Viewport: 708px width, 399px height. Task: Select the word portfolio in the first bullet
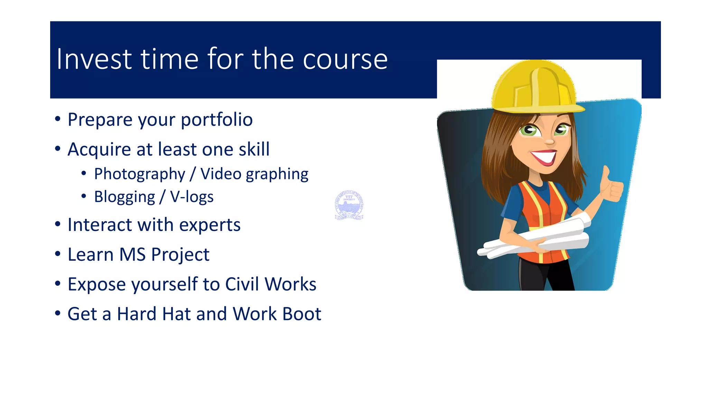(x=217, y=120)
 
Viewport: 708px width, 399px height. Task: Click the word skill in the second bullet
(x=254, y=150)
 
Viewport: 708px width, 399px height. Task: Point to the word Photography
(x=140, y=174)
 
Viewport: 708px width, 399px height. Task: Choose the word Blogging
(x=124, y=197)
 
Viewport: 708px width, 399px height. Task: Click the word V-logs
(x=192, y=197)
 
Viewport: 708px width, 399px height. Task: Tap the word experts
(x=210, y=225)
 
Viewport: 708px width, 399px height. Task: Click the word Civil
(x=242, y=284)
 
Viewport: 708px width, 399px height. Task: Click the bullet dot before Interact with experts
(x=58, y=224)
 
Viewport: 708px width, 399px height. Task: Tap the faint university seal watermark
(x=349, y=205)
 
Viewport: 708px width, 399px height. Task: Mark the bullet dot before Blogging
(x=84, y=196)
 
